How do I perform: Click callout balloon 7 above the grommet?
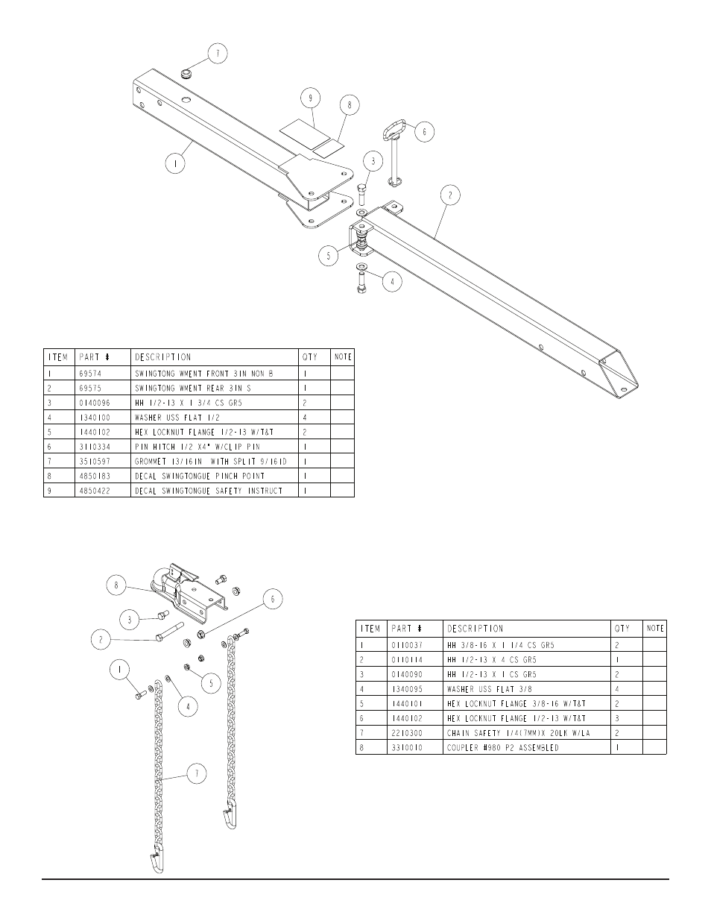[x=217, y=54]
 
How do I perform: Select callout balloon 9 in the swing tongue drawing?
[x=311, y=98]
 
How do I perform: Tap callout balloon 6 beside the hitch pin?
[x=424, y=132]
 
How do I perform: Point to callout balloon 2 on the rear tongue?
[x=449, y=196]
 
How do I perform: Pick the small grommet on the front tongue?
[x=187, y=75]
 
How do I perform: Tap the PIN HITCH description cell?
[x=189, y=446]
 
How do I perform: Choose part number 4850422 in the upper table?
[x=95, y=490]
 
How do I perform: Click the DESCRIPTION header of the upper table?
[x=163, y=357]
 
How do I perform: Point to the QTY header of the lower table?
[x=622, y=629]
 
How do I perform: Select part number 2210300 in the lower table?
[x=407, y=733]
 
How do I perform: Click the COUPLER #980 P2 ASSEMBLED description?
[x=503, y=747]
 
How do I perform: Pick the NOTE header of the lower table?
[x=655, y=629]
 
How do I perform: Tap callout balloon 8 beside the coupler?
[x=116, y=585]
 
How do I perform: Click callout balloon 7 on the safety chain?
[x=196, y=775]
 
